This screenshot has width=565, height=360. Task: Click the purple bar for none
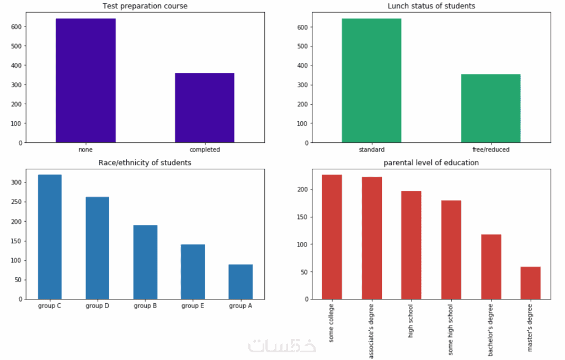(86, 80)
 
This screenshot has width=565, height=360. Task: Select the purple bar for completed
(204, 108)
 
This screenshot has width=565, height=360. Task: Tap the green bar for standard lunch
(371, 80)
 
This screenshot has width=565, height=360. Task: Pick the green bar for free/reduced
(491, 108)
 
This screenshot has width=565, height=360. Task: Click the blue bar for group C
(50, 237)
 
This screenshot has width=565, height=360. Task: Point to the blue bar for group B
(145, 262)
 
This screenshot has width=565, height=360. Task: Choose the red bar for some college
(332, 237)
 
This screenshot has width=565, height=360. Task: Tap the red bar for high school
(411, 245)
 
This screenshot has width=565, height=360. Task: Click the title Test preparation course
(145, 6)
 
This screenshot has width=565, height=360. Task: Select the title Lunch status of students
(431, 6)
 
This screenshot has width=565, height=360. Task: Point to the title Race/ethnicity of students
(145, 163)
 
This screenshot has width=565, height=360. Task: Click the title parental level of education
(431, 163)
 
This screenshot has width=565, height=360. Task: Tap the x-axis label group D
(97, 306)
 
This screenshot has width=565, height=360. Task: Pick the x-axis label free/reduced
(491, 149)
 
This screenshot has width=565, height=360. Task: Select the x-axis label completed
(204, 149)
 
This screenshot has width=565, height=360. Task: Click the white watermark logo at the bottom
(282, 346)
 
